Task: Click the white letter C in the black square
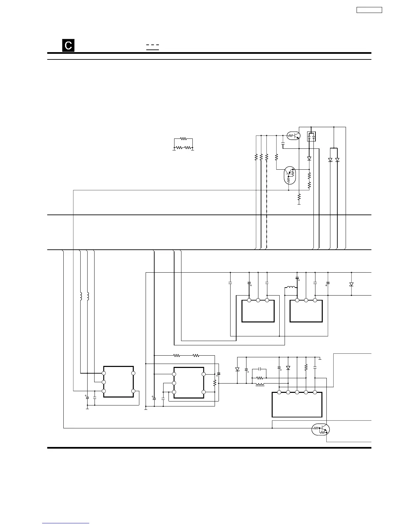point(68,45)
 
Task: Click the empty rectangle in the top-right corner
point(369,10)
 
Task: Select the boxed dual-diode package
point(311,136)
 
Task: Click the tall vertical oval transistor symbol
point(289,175)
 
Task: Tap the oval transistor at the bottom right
point(321,430)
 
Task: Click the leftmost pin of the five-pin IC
point(279,392)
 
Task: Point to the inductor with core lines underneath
point(260,385)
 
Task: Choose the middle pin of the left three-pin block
point(258,301)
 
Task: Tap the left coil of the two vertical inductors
point(81,296)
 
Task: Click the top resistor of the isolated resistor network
point(183,139)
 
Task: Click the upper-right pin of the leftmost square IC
point(133,373)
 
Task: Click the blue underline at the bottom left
point(66,523)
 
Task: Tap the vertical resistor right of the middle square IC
point(215,383)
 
